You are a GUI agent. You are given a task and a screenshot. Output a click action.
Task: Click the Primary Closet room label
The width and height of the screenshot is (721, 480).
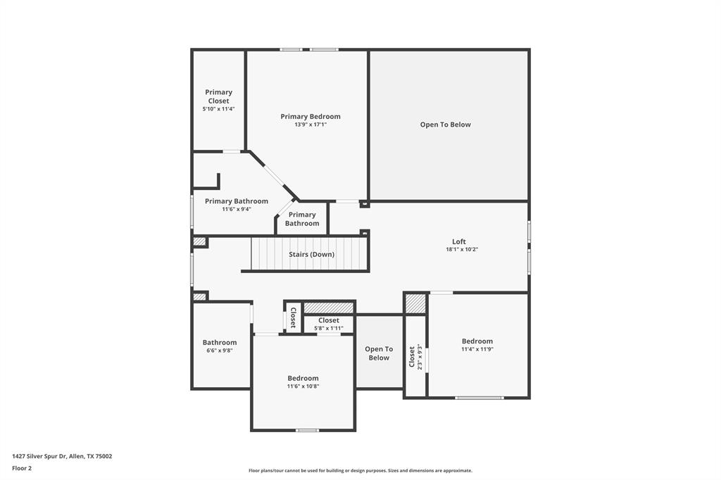[218, 96]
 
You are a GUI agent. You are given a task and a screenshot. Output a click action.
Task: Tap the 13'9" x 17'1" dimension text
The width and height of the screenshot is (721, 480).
[311, 125]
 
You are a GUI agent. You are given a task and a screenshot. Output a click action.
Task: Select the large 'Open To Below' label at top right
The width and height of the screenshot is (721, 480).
[445, 125]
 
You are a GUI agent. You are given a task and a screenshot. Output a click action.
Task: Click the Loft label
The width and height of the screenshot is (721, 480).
[459, 241]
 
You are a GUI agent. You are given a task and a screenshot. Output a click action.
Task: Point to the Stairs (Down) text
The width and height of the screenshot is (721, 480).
[311, 254]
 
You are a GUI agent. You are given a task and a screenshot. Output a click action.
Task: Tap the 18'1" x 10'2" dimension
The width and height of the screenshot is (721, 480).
[462, 249]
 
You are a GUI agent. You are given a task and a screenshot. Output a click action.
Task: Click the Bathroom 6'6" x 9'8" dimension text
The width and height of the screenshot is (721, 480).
[220, 350]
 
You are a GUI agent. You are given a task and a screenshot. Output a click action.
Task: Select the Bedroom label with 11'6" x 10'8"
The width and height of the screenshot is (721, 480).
[303, 378]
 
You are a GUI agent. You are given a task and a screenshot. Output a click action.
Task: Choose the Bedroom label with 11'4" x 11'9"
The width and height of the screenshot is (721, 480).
[477, 341]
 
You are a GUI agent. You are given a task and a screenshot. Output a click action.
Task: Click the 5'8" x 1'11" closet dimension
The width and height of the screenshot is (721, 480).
[328, 328]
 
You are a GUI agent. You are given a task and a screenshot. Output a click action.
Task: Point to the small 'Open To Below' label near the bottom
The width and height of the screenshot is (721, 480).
[379, 353]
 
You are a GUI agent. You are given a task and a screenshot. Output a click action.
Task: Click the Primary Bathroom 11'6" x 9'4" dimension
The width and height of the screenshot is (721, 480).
[237, 209]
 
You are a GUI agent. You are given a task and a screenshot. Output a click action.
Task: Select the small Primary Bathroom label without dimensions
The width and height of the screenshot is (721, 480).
[302, 219]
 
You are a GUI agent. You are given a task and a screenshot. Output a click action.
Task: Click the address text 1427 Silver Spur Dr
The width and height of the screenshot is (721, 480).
[62, 456]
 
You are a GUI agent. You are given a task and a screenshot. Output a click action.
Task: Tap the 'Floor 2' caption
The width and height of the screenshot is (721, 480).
[22, 468]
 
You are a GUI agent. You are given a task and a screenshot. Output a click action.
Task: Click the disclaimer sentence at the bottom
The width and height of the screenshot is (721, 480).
[360, 471]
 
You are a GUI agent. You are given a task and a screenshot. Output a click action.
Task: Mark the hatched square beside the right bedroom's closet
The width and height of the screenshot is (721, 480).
[416, 303]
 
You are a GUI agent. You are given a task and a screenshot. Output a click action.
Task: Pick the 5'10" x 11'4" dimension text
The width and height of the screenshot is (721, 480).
[218, 109]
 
